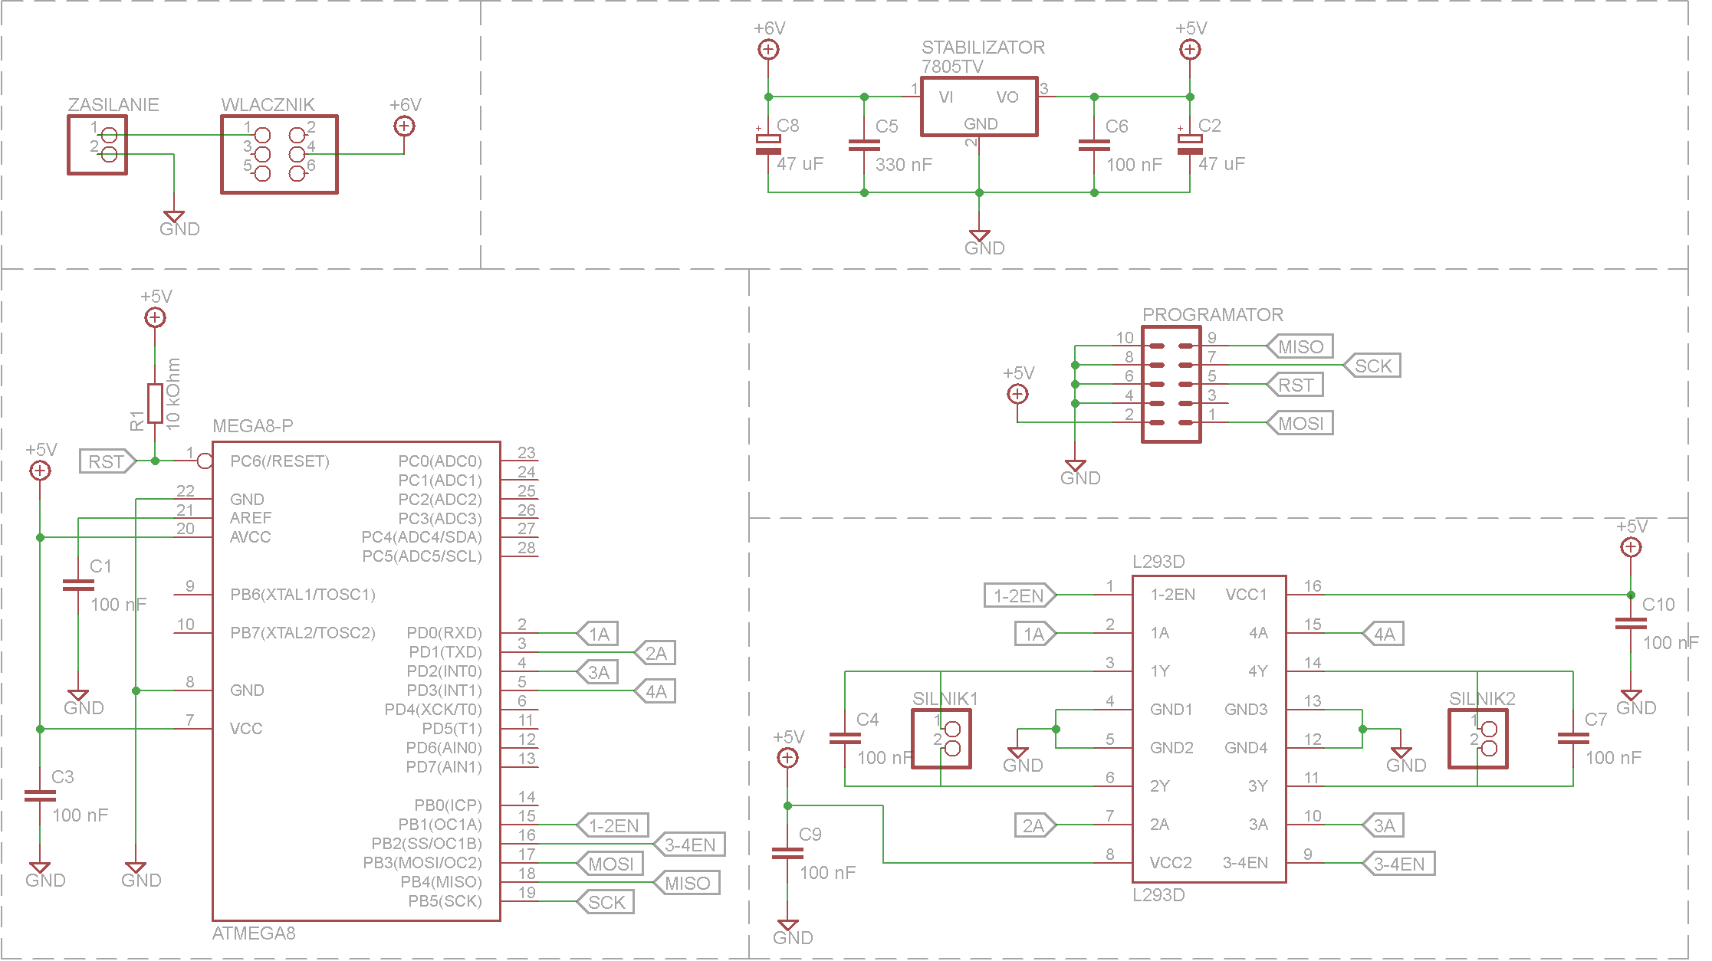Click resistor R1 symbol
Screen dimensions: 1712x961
(155, 403)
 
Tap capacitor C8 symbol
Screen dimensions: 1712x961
(768, 144)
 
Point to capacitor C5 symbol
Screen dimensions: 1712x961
(864, 145)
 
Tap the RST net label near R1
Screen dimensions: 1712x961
(107, 461)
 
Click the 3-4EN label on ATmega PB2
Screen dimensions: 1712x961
(689, 845)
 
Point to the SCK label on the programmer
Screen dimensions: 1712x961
(1372, 366)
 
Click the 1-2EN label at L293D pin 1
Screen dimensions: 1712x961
(1020, 595)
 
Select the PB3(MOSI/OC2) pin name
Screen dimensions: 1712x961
(422, 863)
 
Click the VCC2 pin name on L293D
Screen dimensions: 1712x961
(1171, 863)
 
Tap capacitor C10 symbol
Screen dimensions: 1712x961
(1631, 624)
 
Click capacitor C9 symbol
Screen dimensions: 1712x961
(787, 854)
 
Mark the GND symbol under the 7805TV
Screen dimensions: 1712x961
(979, 236)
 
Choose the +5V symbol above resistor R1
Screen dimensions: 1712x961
(155, 317)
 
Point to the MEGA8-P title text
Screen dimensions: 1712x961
(253, 426)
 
